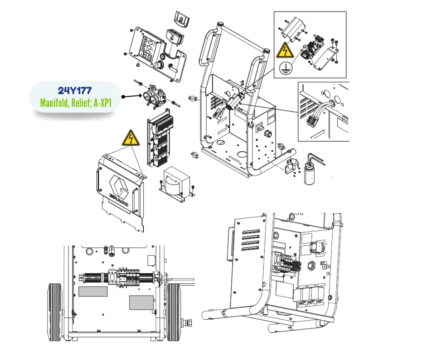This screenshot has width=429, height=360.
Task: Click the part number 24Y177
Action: coord(75,90)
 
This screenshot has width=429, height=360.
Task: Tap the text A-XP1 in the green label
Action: coord(103,103)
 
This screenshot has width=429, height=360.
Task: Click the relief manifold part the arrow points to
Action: coord(156,96)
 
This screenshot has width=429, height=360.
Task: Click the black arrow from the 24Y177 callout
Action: coord(132,96)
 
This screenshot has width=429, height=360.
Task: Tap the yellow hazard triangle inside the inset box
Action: coord(285,50)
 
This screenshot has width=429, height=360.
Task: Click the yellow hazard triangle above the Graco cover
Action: coord(131,138)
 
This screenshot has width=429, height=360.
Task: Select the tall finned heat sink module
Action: coord(160,138)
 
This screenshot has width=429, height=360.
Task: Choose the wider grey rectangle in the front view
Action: coord(93,291)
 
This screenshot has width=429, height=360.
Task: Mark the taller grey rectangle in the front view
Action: coord(141,303)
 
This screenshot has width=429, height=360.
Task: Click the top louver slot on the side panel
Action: coord(251,232)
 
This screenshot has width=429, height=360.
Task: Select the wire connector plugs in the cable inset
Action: coord(312,121)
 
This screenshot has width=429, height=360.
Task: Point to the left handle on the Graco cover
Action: coord(98,180)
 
